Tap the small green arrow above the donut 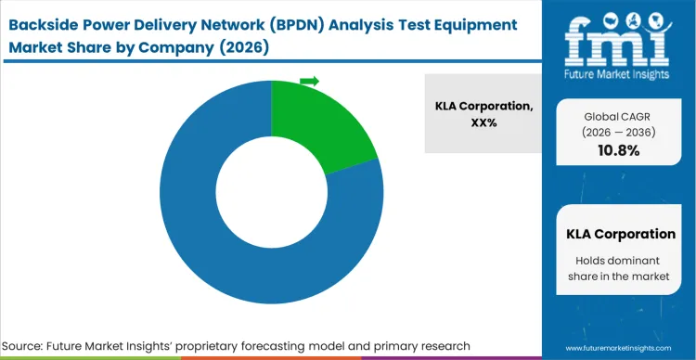coord(309,82)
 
